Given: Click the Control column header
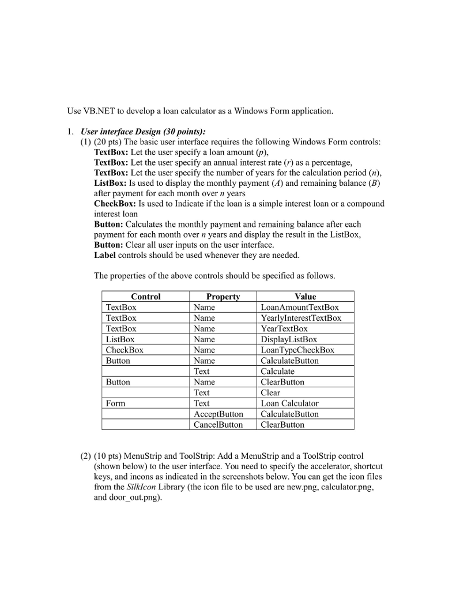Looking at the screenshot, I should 145,297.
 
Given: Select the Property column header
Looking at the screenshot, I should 223,297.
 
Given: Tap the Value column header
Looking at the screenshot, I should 305,297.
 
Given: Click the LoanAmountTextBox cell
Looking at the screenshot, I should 300,308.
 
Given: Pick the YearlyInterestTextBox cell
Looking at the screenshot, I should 301,318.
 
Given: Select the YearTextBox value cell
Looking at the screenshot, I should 284,328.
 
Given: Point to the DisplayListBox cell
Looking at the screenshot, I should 289,339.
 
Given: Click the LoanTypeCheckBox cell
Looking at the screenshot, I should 297,350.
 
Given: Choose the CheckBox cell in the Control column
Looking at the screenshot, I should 125,350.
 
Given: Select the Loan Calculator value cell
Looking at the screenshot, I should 289,403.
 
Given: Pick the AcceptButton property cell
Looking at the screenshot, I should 218,414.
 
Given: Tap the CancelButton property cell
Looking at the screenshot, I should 218,425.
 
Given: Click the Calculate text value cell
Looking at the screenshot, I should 277,371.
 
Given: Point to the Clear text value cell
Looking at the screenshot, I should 270,392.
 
